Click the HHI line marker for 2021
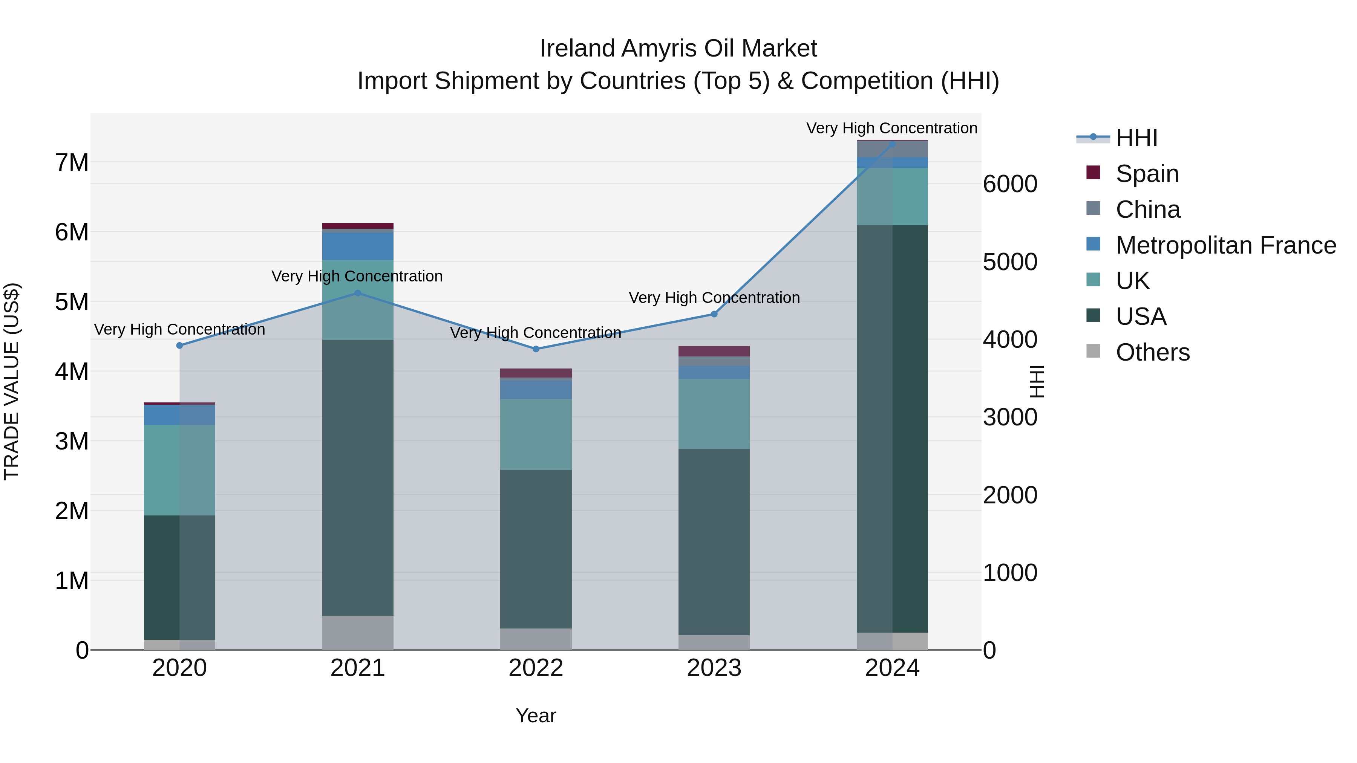click(x=358, y=293)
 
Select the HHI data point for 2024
click(x=892, y=144)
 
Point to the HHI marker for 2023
click(x=714, y=314)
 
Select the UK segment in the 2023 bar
click(x=714, y=414)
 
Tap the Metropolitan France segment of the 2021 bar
click(x=358, y=246)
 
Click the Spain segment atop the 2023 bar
click(x=714, y=351)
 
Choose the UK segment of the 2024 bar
click(x=892, y=196)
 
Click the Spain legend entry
click(x=1146, y=174)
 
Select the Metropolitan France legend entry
click(x=1225, y=245)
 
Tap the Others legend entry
click(x=1152, y=352)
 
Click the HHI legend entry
click(x=1136, y=138)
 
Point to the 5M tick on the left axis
click(x=72, y=302)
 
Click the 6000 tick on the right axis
click(x=1010, y=184)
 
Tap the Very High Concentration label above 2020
click(x=180, y=330)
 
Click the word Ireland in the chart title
click(x=577, y=49)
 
